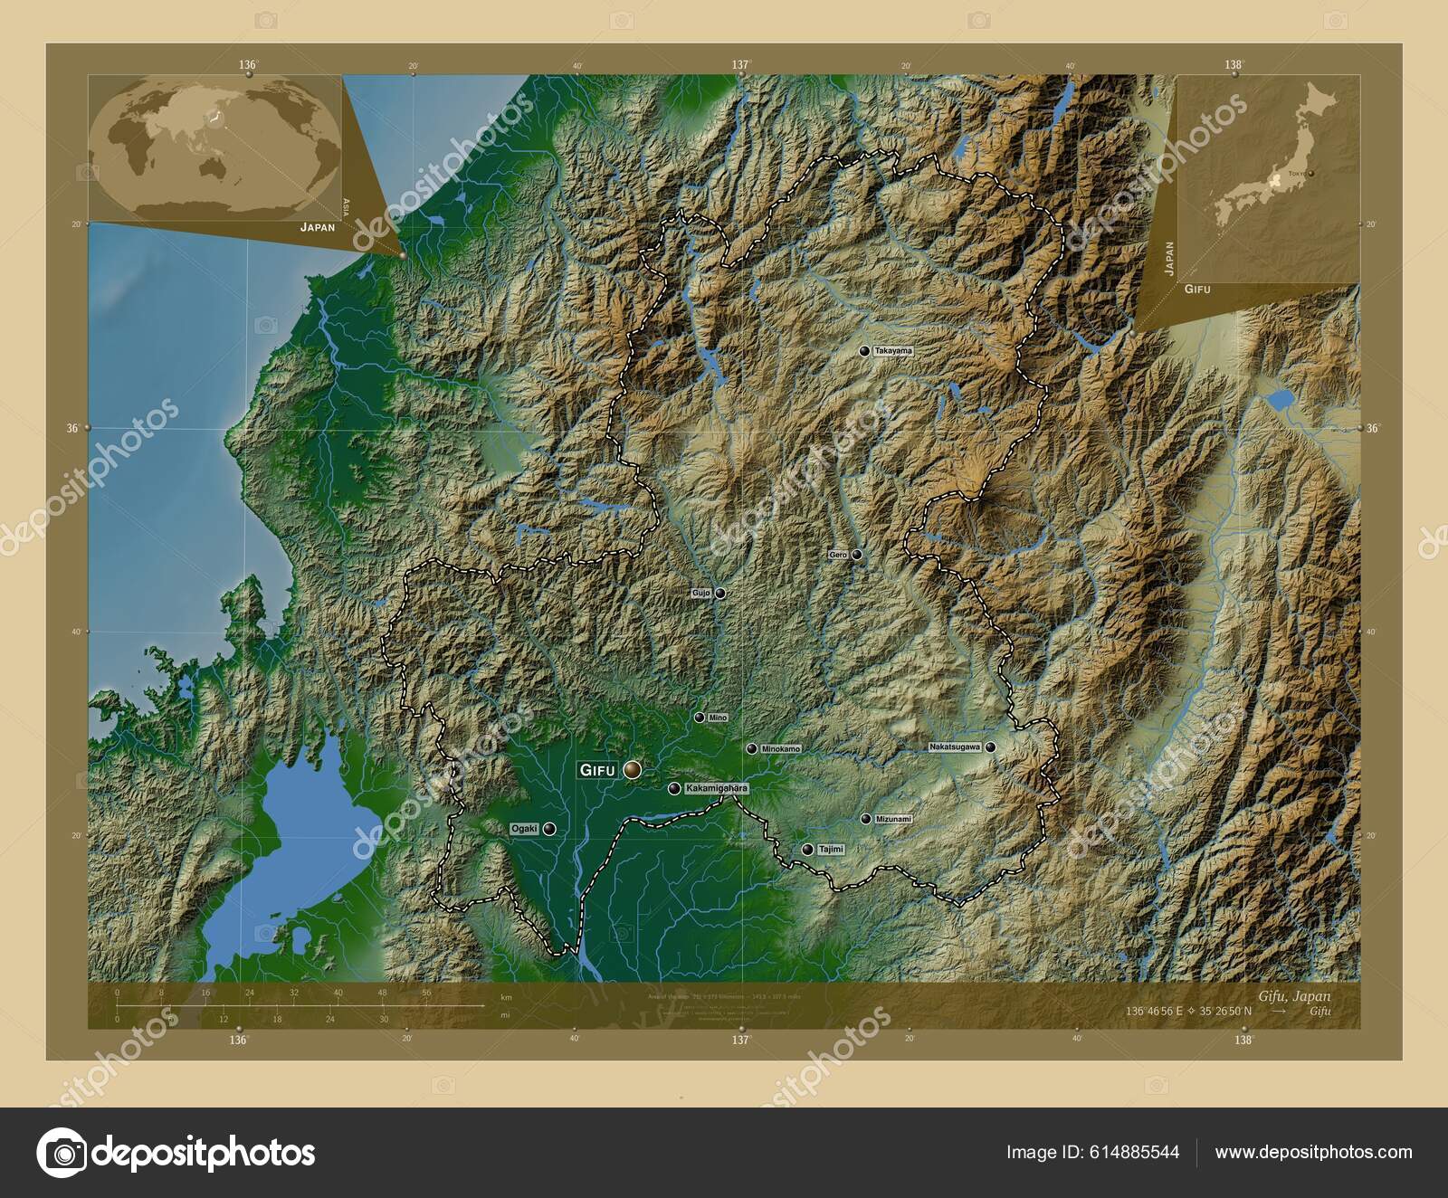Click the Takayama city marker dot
click(864, 350)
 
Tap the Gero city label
click(837, 555)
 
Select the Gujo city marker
click(720, 594)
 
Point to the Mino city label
click(718, 718)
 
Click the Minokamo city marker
click(751, 749)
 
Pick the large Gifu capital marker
click(632, 770)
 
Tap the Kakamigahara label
click(718, 788)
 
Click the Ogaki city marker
click(548, 828)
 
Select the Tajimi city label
click(830, 850)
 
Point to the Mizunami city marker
click(866, 819)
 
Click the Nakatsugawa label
click(954, 747)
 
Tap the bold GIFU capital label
click(597, 770)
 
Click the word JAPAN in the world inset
click(318, 227)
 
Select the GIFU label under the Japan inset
click(1197, 289)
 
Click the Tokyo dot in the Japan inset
click(1310, 172)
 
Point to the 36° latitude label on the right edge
click(1373, 428)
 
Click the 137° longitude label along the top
click(740, 64)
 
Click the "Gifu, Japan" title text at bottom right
click(1294, 995)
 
